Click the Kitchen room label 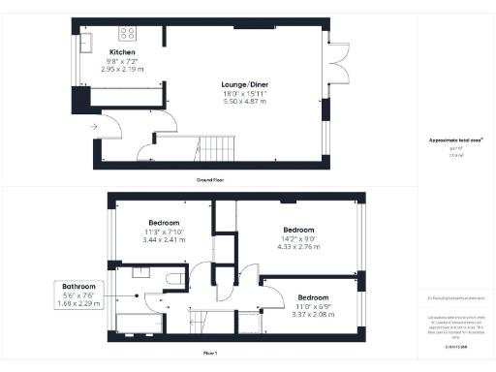coord(122,51)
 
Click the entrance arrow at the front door coord(93,126)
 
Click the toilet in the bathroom coord(174,279)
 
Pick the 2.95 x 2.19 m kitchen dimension coord(122,69)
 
